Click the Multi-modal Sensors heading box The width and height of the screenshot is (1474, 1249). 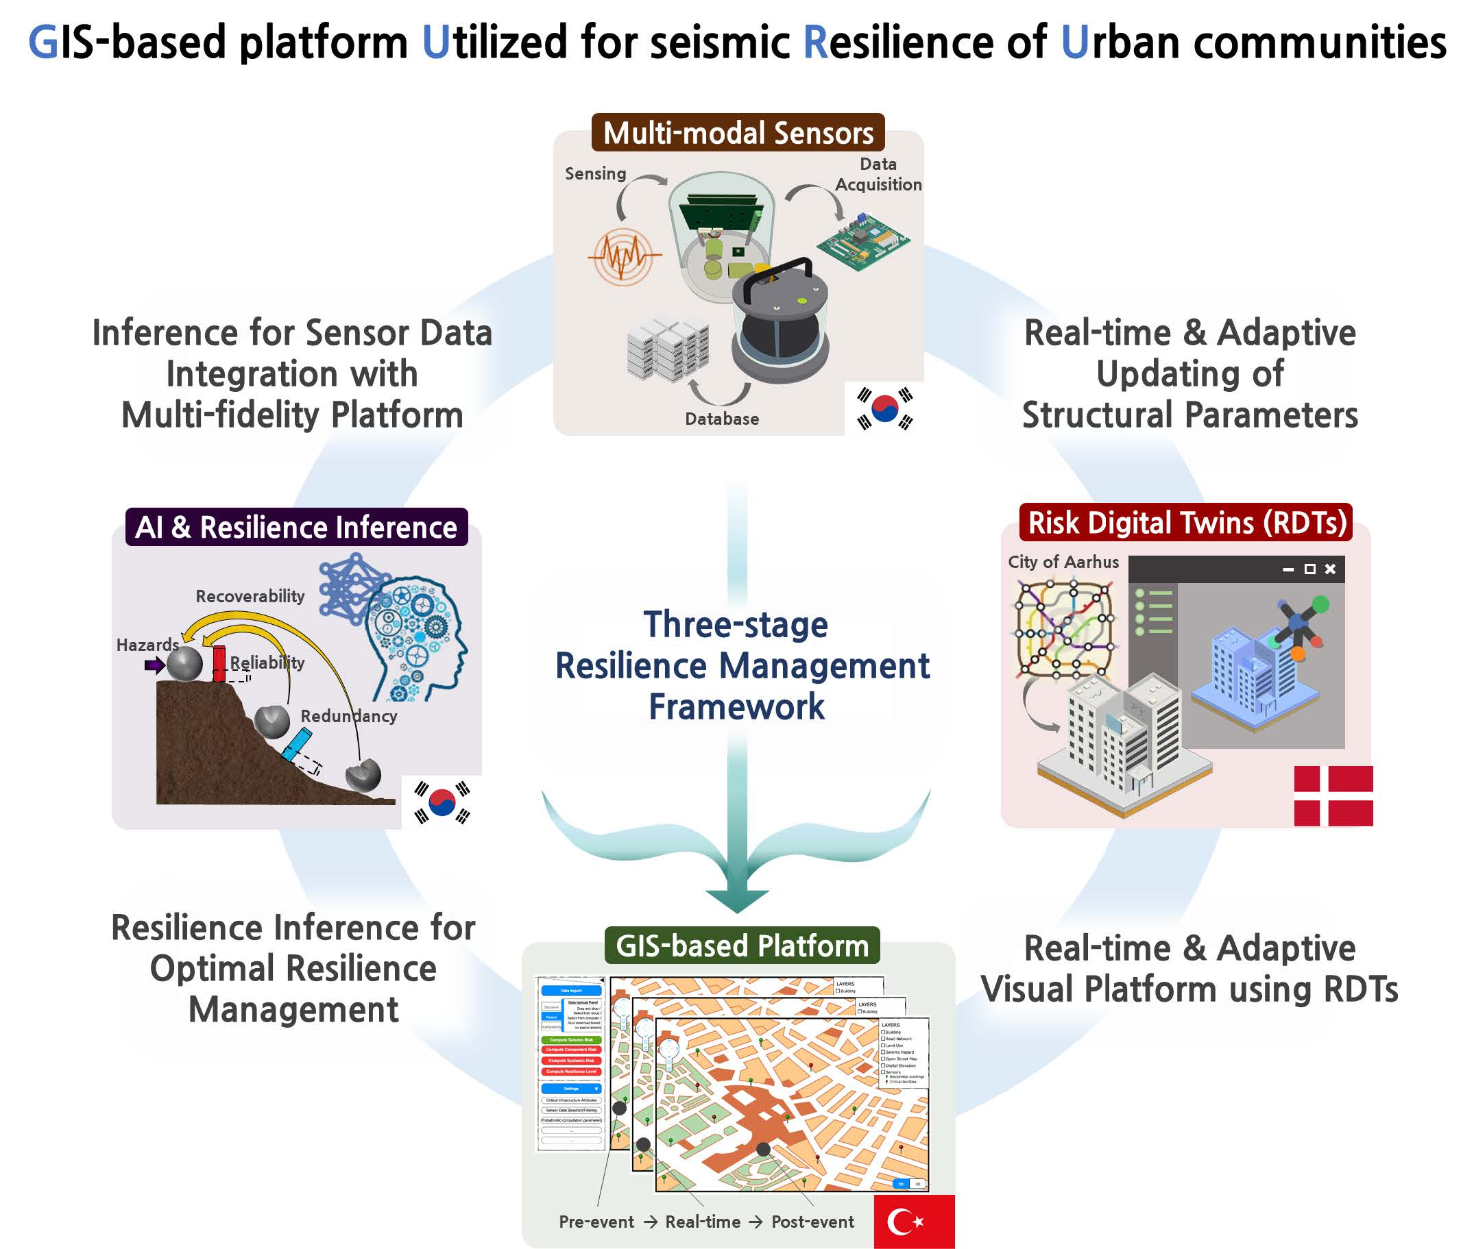(x=738, y=133)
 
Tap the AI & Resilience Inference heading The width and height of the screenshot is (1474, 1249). (x=296, y=528)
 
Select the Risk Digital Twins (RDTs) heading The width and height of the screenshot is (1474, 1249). (x=1187, y=523)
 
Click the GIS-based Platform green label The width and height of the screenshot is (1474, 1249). (x=742, y=946)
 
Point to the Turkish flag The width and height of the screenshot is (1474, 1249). (x=914, y=1221)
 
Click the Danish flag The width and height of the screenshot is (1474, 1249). (x=1333, y=796)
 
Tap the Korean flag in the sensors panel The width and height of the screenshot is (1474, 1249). (x=884, y=408)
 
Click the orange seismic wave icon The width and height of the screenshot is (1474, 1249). (x=623, y=256)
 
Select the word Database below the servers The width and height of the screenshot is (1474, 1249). (x=722, y=419)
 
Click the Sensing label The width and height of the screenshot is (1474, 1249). (x=595, y=173)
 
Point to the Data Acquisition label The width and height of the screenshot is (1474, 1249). (x=878, y=174)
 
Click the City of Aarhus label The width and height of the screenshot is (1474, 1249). (x=1063, y=562)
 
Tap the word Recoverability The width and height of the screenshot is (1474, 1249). (x=250, y=596)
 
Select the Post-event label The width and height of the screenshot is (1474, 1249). (x=812, y=1222)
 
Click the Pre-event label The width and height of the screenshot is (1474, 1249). (x=596, y=1222)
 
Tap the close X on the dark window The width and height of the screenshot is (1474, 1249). (x=1330, y=569)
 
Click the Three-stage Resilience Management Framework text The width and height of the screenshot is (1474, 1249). (x=738, y=665)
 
